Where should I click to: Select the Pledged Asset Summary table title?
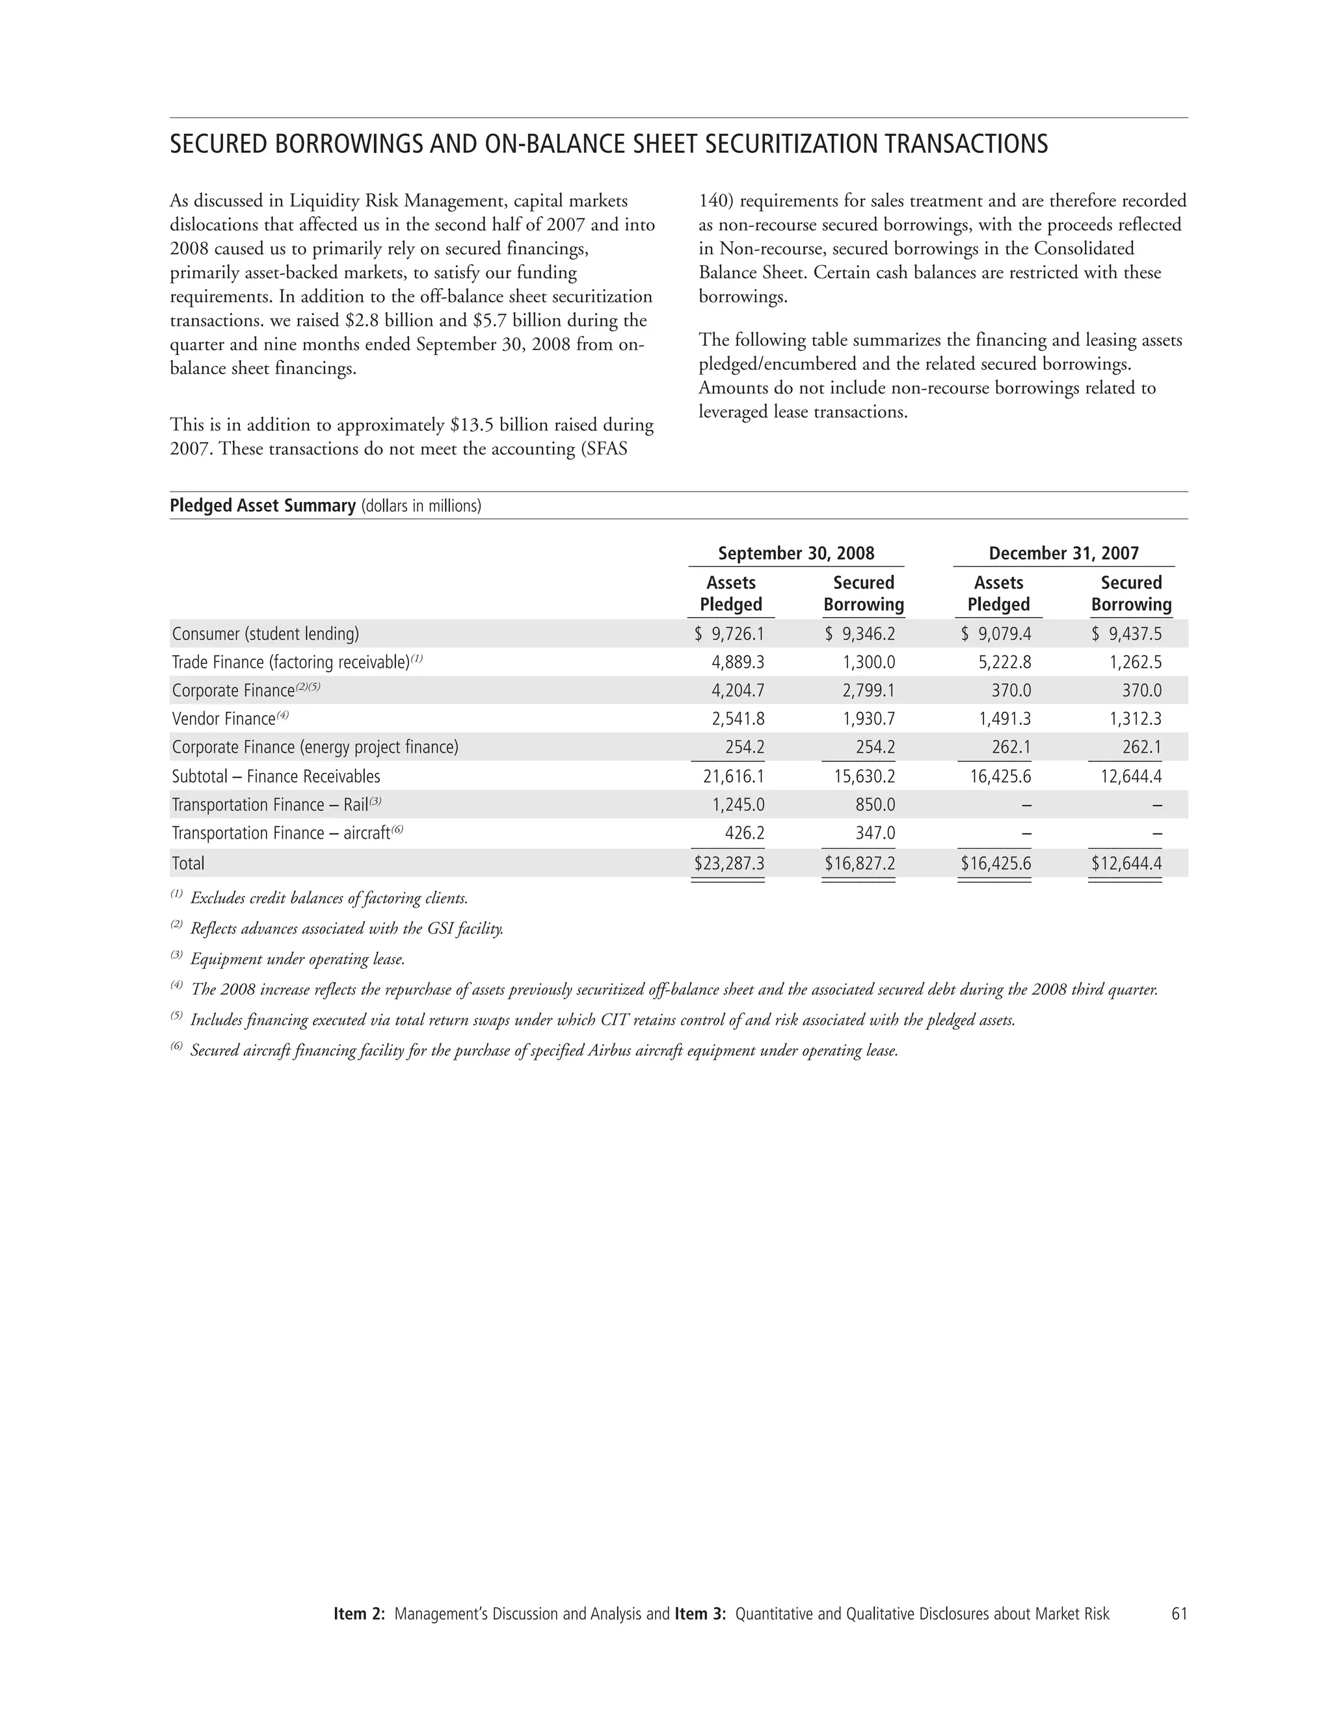tap(263, 506)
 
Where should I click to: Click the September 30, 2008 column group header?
tap(795, 553)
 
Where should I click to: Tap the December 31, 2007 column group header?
tap(1063, 553)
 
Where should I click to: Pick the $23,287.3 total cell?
tap(728, 863)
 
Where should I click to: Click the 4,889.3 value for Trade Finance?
tap(738, 662)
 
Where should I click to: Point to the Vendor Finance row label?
tap(223, 718)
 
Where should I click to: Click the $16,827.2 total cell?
tap(859, 863)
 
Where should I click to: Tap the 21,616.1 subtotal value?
tap(733, 776)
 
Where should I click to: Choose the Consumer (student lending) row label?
tap(265, 633)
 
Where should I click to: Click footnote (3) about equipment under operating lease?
tap(297, 959)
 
